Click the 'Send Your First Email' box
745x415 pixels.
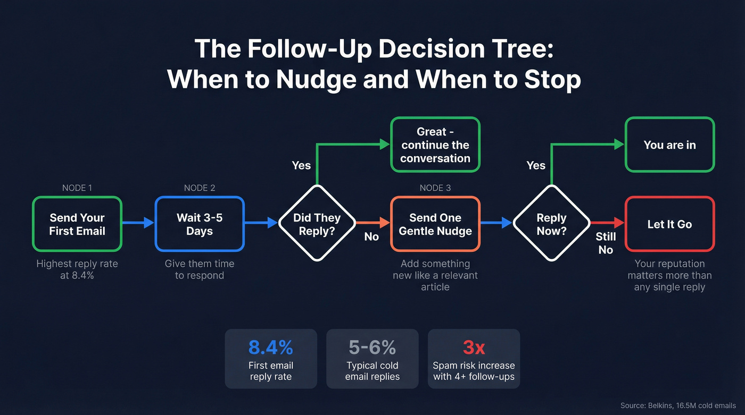77,224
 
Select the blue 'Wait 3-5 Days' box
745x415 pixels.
200,224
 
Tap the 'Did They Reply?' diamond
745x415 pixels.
317,224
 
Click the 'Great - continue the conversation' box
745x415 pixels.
435,145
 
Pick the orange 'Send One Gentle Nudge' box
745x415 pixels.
435,224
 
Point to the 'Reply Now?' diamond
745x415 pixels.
551,224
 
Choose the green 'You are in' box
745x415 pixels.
669,145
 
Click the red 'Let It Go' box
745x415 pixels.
669,224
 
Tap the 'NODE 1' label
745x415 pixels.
77,188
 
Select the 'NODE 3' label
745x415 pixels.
435,188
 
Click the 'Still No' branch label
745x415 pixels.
606,243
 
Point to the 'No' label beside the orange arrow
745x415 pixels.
371,237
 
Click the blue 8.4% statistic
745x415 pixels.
271,348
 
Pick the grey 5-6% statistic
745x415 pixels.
372,348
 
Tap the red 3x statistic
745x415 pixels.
474,348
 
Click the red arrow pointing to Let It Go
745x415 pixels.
607,223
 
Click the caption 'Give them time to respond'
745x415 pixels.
200,269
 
